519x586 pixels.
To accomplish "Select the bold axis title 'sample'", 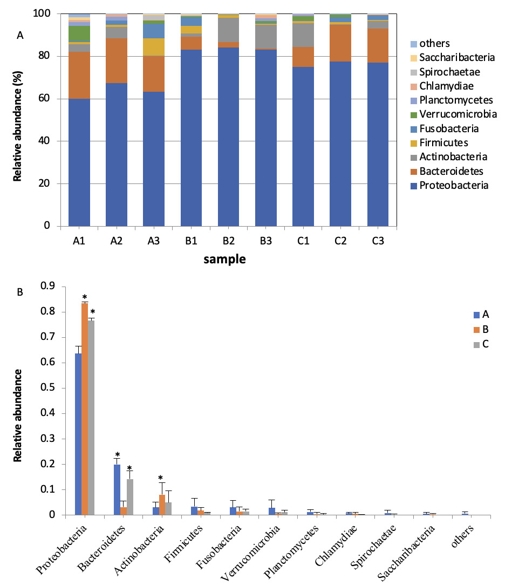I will [224, 259].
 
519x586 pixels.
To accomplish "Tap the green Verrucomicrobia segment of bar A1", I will [79, 33].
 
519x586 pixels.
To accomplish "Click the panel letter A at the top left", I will [21, 36].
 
